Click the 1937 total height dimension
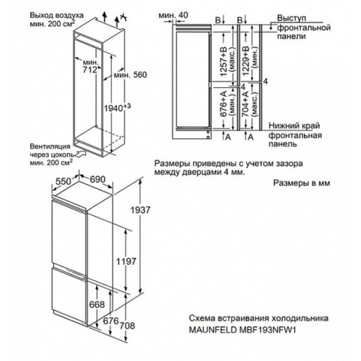coord(140,210)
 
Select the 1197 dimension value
coord(126,261)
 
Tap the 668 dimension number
coord(97,304)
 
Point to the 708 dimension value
coord(128,326)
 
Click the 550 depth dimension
coord(63,182)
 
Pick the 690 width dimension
coord(97,179)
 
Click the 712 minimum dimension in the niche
coord(90,69)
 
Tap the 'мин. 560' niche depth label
coord(131,75)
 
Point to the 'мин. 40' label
coord(173,15)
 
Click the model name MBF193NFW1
coord(267,330)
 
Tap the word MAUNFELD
coord(213,330)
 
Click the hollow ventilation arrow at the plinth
coord(81,153)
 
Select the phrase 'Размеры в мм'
coord(301,183)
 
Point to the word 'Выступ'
coord(291,18)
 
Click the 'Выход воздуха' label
coord(57,16)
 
